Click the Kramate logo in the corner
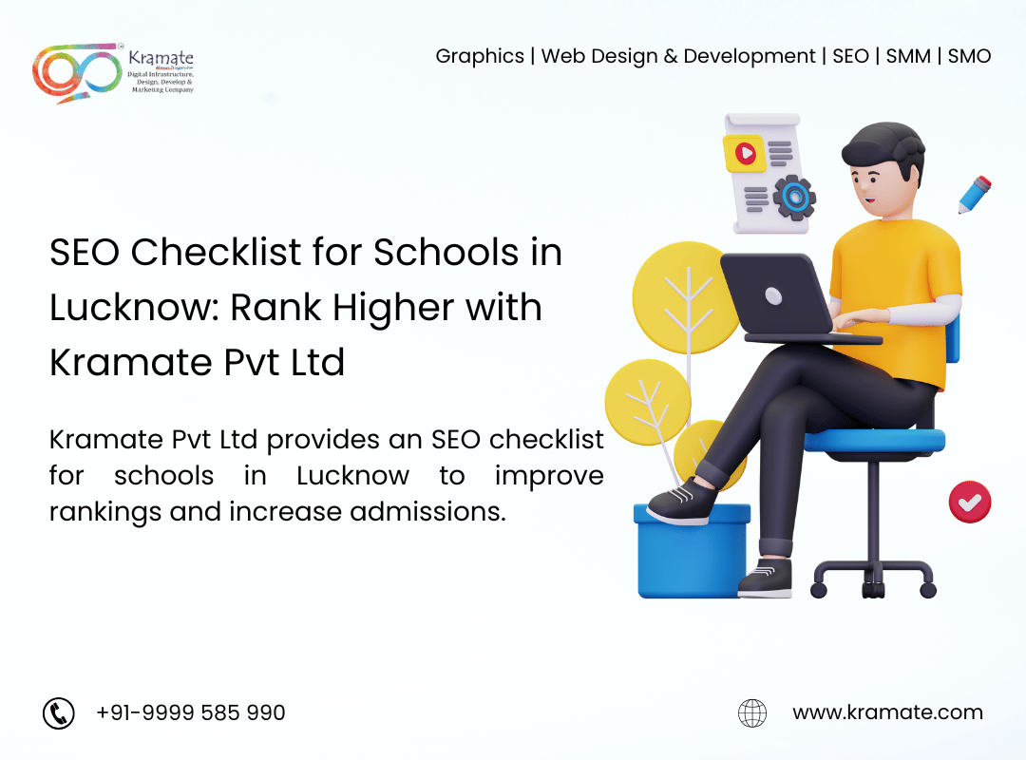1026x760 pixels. pos(113,71)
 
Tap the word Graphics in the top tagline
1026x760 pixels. pos(480,57)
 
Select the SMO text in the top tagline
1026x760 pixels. pos(969,56)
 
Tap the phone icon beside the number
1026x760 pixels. pos(59,712)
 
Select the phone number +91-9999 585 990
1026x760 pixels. pos(190,712)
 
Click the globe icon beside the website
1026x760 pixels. pos(752,712)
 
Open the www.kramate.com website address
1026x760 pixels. pos(887,712)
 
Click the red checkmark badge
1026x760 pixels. pos(970,503)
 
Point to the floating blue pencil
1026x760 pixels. pos(975,195)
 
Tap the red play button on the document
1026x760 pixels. pos(746,154)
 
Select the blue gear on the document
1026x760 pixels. pos(794,197)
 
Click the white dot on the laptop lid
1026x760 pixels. pos(773,296)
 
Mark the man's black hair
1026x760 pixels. pos(884,147)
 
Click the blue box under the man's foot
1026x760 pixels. pos(693,551)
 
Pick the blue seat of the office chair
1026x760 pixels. pos(874,441)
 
